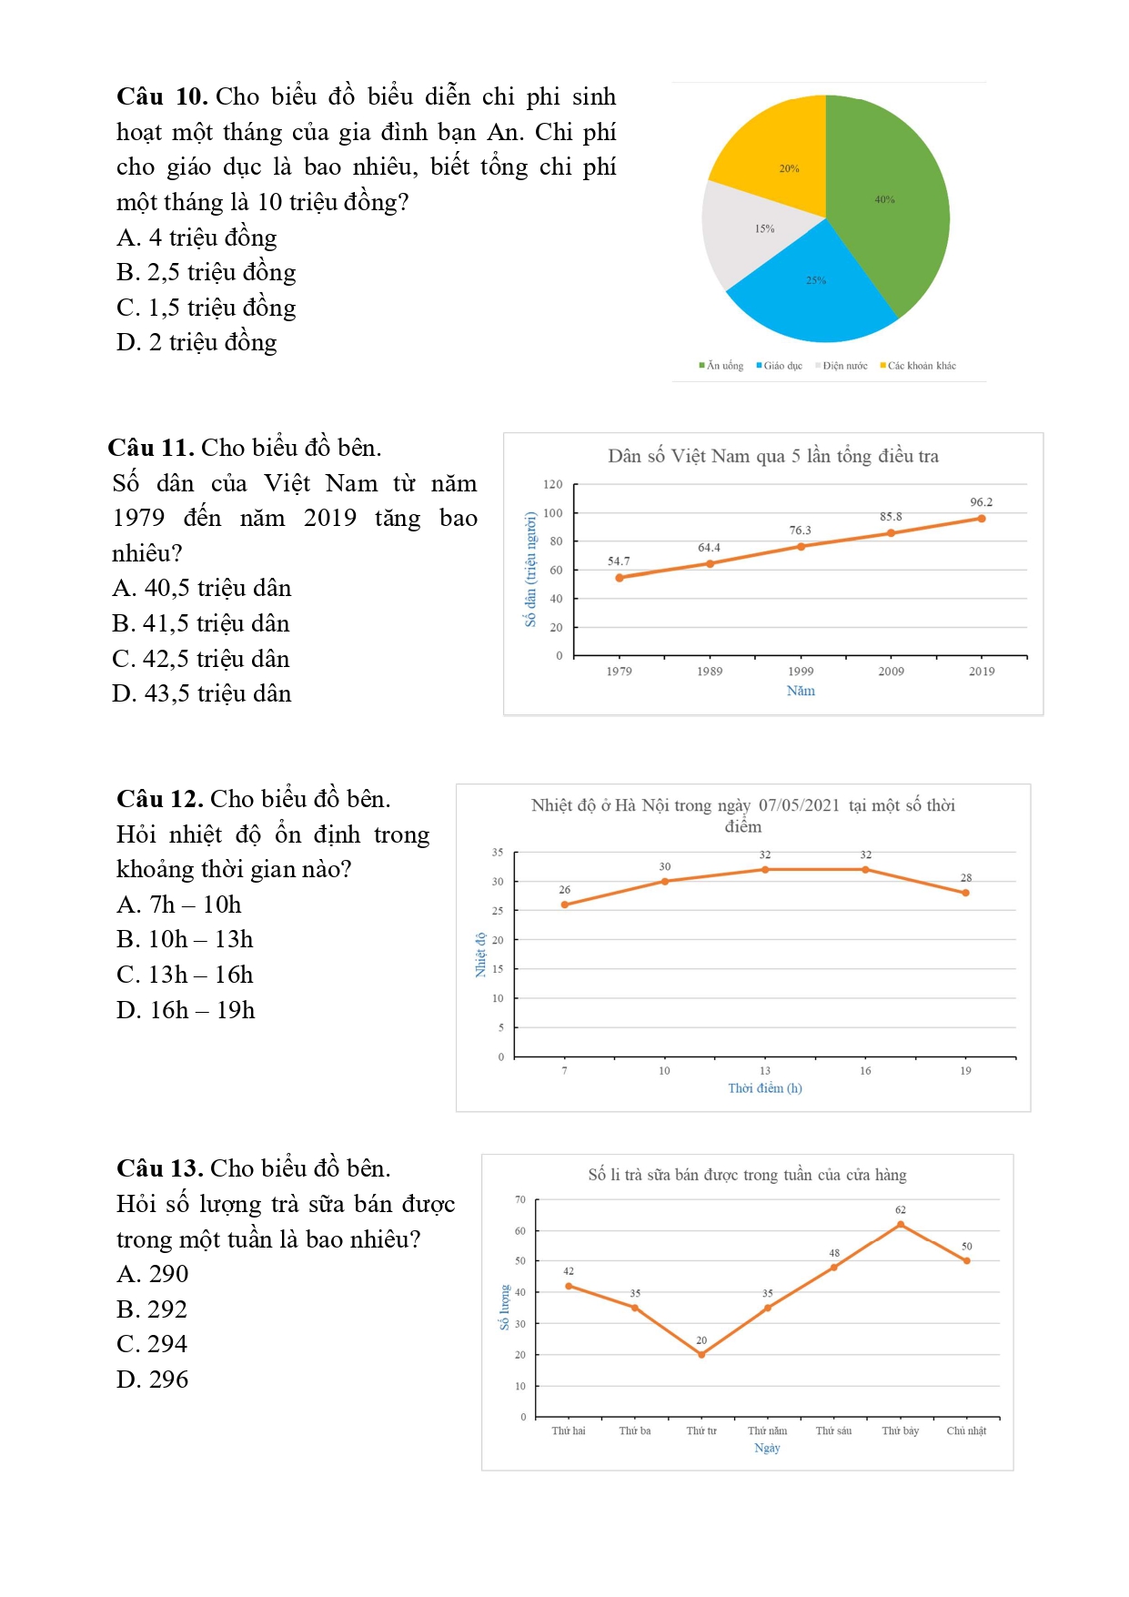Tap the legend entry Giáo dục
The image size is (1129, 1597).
pos(781,366)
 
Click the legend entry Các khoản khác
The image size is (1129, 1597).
pos(921,366)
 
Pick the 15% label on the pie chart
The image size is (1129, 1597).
pos(764,229)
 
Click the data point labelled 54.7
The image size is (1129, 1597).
pos(620,578)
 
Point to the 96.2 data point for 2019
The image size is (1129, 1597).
pos(982,519)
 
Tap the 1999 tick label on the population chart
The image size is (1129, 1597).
pos(801,672)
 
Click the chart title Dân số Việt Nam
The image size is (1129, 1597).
pos(773,456)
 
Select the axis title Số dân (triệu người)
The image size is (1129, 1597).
pos(530,569)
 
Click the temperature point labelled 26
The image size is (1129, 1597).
pos(565,905)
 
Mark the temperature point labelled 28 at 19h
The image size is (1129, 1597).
pos(965,893)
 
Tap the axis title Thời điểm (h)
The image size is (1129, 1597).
pos(765,1088)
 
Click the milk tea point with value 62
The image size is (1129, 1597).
pos(901,1225)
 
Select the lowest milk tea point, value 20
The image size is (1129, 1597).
pos(701,1355)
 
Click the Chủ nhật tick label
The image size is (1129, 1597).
pos(966,1431)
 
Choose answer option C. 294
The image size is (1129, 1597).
pos(152,1344)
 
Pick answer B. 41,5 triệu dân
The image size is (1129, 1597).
pos(201,623)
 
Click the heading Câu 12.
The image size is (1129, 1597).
pos(160,799)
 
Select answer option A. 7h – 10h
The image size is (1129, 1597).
pos(179,905)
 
